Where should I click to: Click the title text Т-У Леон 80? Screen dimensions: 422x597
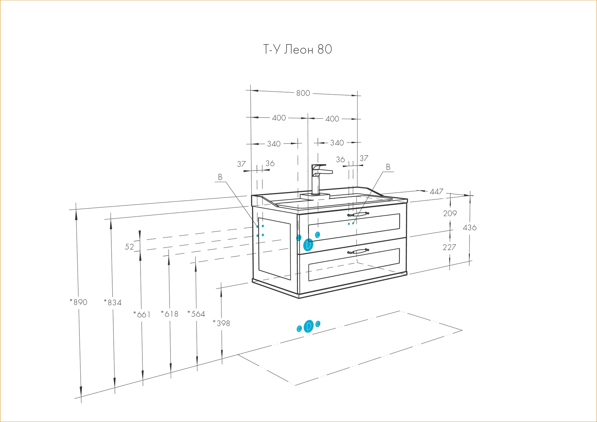(297, 50)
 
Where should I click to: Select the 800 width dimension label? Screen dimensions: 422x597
(303, 93)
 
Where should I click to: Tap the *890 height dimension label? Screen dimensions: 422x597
(79, 302)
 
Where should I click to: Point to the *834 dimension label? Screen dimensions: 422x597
(113, 303)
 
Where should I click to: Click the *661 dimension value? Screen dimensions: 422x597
(142, 315)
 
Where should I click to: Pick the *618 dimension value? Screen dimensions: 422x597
(170, 314)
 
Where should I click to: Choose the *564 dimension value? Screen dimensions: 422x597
(196, 314)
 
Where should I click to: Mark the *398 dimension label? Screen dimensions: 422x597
(221, 323)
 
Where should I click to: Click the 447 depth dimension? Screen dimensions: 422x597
(436, 192)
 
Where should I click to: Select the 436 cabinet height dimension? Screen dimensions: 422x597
(470, 228)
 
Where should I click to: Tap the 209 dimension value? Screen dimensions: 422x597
(450, 213)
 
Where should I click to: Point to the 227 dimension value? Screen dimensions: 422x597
(449, 247)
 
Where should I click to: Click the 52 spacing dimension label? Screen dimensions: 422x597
(129, 247)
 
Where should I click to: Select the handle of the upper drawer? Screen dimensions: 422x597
(358, 214)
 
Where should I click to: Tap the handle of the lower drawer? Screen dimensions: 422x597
(358, 251)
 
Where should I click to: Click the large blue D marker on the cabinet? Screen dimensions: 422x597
(308, 245)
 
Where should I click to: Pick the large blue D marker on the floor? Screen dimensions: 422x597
(308, 326)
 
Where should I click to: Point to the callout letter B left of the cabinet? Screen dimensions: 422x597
(220, 177)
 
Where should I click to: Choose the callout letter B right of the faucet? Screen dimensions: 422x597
(388, 167)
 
